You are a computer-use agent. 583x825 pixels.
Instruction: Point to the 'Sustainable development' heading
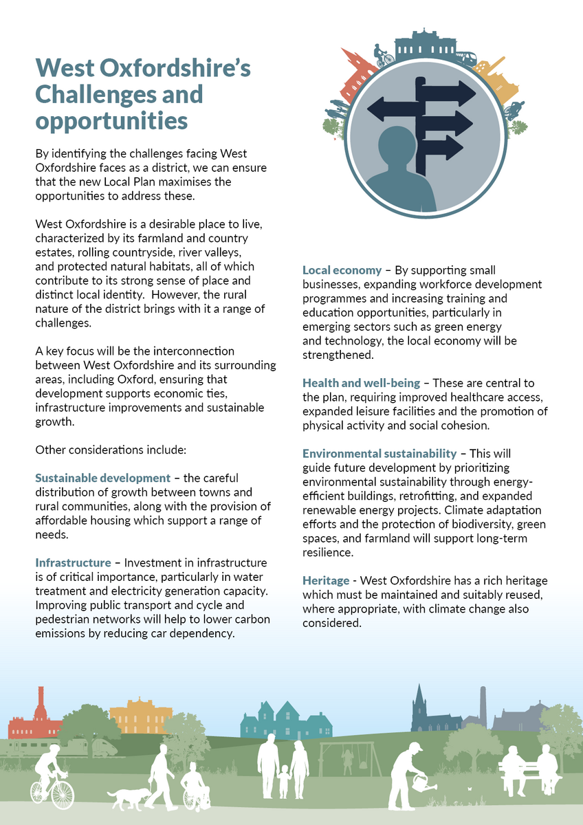(102, 478)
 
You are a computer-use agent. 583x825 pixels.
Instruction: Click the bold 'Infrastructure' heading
(73, 562)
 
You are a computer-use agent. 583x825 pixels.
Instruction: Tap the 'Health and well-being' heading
(361, 383)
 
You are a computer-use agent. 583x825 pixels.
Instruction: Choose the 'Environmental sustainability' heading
(379, 454)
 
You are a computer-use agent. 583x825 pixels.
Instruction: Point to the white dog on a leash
(127, 798)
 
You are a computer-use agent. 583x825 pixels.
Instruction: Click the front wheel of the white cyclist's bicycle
(63, 793)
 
